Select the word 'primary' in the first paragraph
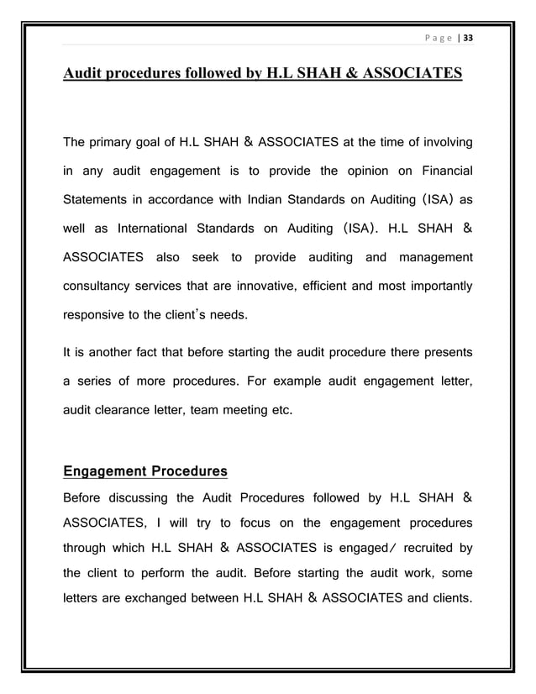[120, 140]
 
